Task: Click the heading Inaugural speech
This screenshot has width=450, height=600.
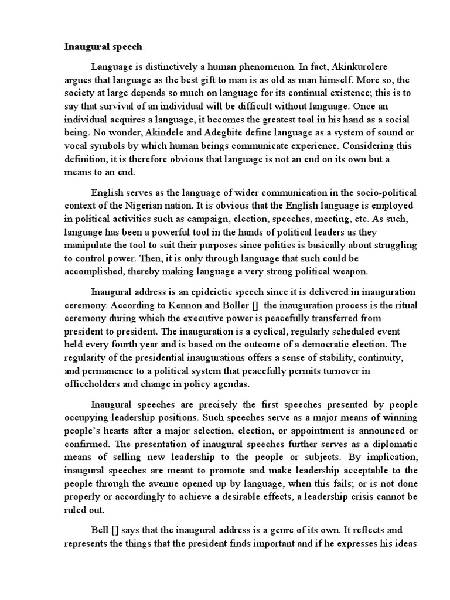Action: pyautogui.click(x=103, y=47)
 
